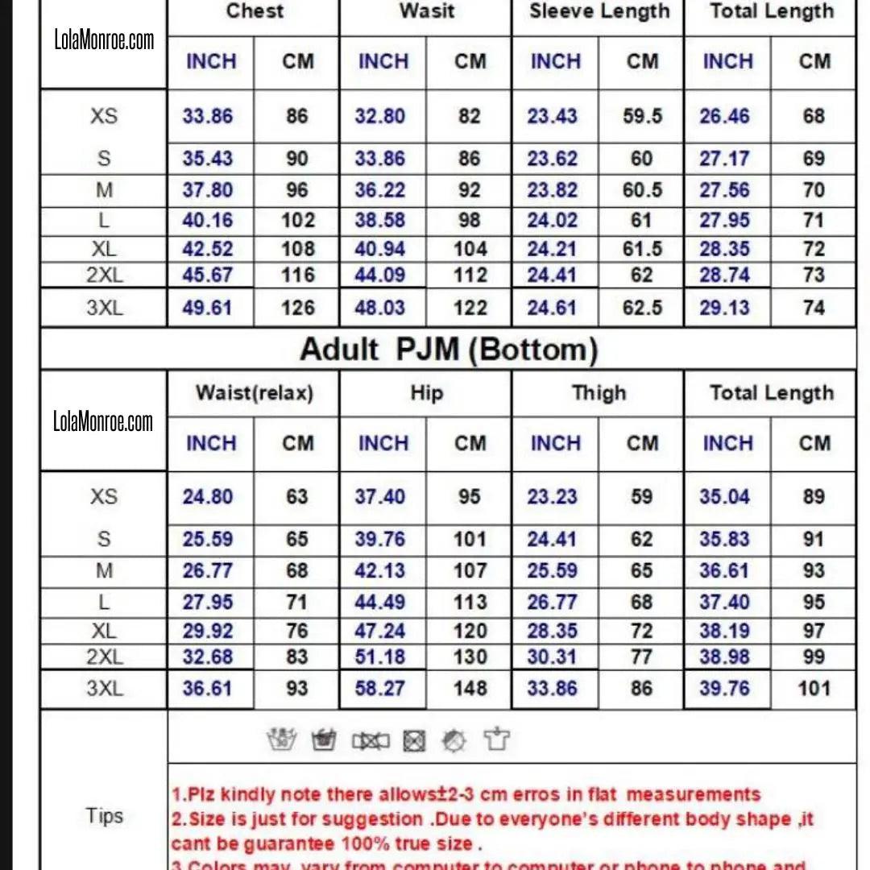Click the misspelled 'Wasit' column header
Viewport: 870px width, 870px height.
coord(427,11)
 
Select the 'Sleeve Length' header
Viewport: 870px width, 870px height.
coord(599,11)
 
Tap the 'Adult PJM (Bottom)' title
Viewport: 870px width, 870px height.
coord(449,350)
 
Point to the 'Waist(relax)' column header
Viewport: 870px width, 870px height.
coord(254,393)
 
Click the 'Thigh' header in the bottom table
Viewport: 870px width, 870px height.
coord(599,393)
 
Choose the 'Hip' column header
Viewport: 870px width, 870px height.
coord(426,393)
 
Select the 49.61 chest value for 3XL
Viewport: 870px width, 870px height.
coord(208,308)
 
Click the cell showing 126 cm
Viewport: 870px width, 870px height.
coord(298,308)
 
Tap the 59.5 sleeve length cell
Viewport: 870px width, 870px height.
coord(642,116)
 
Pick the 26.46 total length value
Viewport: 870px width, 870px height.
coord(725,116)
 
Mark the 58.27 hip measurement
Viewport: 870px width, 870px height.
coord(380,689)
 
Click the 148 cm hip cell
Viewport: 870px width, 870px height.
coord(470,689)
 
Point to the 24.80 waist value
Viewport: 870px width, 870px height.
coord(208,497)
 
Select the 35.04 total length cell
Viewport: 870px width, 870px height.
coord(725,497)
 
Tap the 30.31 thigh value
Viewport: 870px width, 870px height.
coord(553,657)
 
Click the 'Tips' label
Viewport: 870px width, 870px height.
coord(104,816)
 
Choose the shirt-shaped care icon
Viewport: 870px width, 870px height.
coord(497,739)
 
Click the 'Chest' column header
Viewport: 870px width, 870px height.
coord(255,11)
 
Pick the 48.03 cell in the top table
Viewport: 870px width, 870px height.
coord(380,308)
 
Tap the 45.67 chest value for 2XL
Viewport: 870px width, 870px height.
coord(208,275)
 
